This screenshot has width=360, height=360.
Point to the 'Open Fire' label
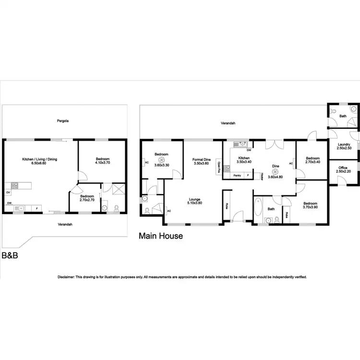218,166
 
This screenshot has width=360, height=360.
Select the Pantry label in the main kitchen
237,175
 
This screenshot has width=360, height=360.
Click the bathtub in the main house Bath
258,210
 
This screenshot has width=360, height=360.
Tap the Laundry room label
344,144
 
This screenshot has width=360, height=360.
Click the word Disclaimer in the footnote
66,277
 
